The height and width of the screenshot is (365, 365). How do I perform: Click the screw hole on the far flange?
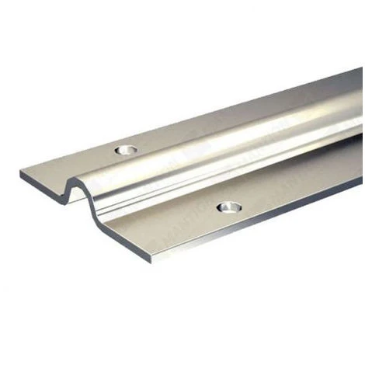point(123,148)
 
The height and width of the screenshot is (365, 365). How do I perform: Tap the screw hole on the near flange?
point(228,207)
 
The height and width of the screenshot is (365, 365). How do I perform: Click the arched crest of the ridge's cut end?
point(77,185)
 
